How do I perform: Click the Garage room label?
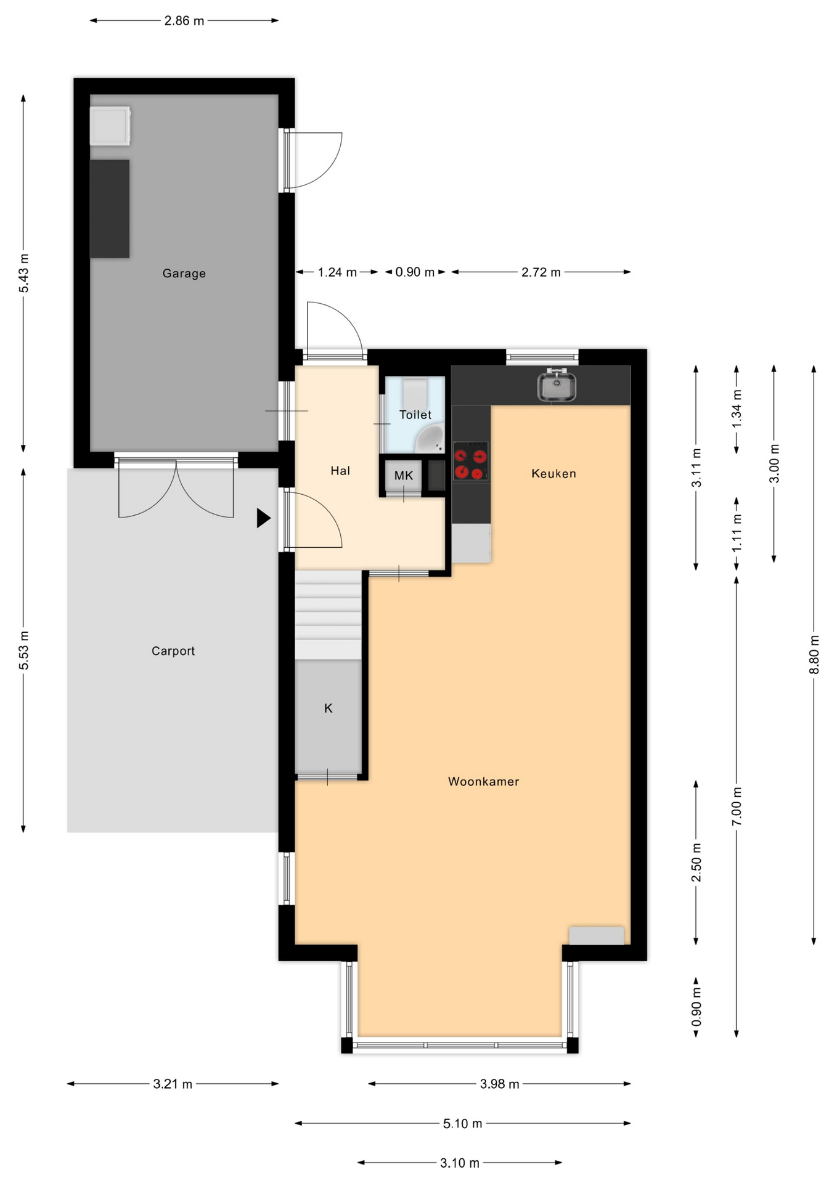184,273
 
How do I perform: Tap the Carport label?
173,651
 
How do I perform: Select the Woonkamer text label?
483,781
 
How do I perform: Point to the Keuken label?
553,473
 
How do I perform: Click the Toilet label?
415,415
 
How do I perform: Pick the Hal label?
340,471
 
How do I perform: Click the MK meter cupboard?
404,476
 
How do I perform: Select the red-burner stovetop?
470,461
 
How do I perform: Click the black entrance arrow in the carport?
264,518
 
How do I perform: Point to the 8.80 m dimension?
814,654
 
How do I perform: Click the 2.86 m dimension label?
184,21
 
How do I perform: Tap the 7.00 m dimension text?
737,807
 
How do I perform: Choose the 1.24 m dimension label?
337,272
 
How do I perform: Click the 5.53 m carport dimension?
23,650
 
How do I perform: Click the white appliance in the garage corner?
110,126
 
